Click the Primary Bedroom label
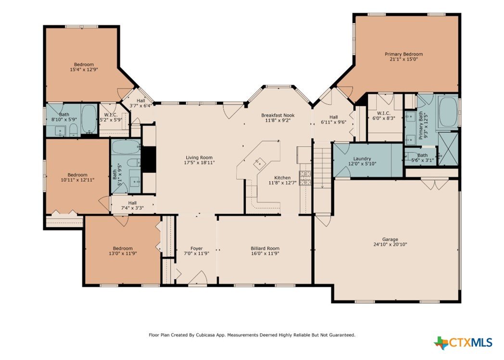[x=403, y=54]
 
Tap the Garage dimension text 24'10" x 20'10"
[x=390, y=244]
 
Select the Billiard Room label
[x=265, y=248]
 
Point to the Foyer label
[x=196, y=248]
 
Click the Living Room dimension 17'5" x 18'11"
[x=199, y=162]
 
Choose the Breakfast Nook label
[x=277, y=115]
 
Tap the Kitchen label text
[x=282, y=177]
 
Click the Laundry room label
[x=362, y=159]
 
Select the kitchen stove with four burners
[x=305, y=178]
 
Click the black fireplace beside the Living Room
[x=148, y=159]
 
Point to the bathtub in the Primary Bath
[x=448, y=112]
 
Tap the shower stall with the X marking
[x=448, y=149]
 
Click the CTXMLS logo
[x=463, y=343]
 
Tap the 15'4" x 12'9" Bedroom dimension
[x=84, y=69]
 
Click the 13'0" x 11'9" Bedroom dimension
[x=123, y=253]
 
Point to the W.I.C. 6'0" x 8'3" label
[x=383, y=116]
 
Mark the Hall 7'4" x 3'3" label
[x=132, y=205]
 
